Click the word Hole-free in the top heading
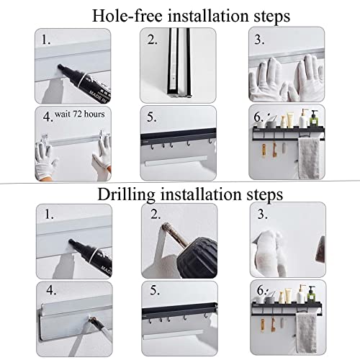pyautogui.click(x=127, y=16)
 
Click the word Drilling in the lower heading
pyautogui.click(x=126, y=195)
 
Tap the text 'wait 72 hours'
pyautogui.click(x=80, y=114)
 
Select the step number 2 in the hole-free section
pyautogui.click(x=152, y=40)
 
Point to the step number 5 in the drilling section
pyautogui.click(x=155, y=290)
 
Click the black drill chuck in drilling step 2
pyautogui.click(x=197, y=258)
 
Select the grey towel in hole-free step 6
pyautogui.click(x=309, y=158)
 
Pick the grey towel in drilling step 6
pyautogui.click(x=306, y=333)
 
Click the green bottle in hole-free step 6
pyautogui.click(x=314, y=119)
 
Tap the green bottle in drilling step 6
pyautogui.click(x=312, y=293)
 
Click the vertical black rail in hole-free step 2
pyautogui.click(x=179, y=63)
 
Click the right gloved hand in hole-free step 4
pyautogui.click(x=102, y=153)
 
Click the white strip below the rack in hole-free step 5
pyautogui.click(x=176, y=161)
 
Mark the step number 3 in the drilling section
pyautogui.click(x=262, y=214)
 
